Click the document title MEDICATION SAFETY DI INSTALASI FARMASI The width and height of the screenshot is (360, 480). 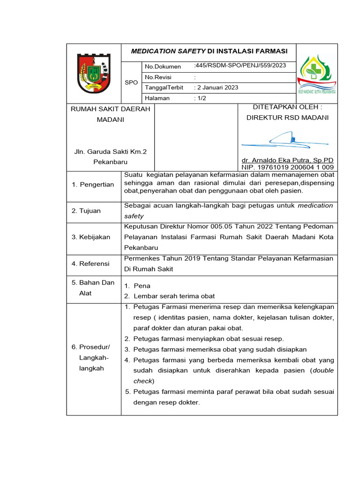point(209,51)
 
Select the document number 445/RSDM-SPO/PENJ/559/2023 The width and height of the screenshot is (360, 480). point(239,66)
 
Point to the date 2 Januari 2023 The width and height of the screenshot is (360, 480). point(216,88)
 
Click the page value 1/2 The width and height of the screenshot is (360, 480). point(200,98)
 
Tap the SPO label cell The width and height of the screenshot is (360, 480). point(131,82)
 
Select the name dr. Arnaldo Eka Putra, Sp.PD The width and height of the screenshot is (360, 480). point(287,160)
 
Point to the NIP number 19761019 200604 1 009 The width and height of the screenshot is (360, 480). point(287,167)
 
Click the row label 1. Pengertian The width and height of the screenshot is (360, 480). point(93,185)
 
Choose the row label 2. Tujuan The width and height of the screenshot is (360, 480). point(86,211)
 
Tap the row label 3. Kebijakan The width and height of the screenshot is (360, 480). point(91,237)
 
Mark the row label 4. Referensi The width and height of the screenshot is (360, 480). point(90,263)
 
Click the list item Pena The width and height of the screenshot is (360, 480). point(142,285)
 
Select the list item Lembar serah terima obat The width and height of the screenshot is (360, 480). point(174,296)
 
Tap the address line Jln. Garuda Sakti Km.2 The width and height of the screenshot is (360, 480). point(111,152)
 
